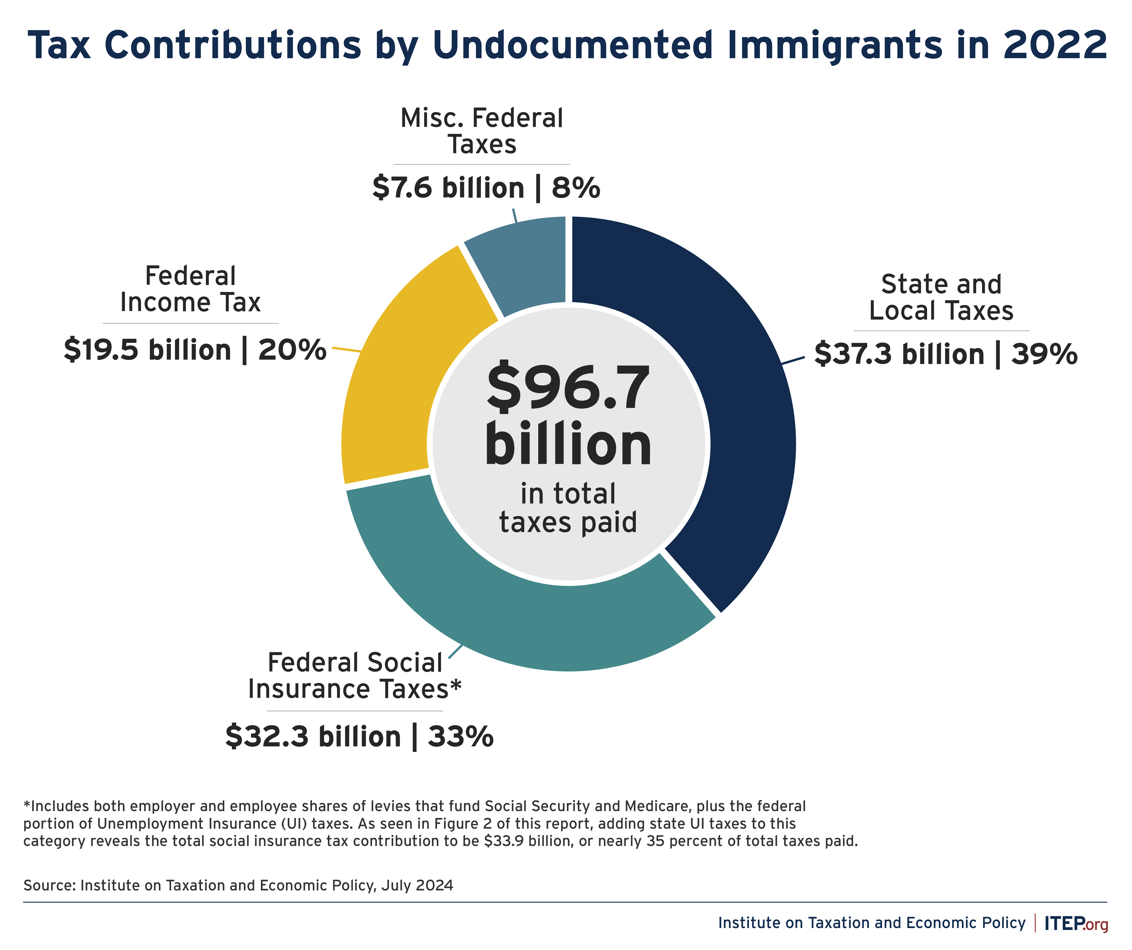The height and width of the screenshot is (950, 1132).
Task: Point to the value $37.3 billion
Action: pos(899,354)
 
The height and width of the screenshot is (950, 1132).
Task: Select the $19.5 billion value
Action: pos(147,350)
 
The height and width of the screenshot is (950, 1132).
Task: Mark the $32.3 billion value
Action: pos(313,736)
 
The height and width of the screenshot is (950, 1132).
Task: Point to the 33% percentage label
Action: pos(460,736)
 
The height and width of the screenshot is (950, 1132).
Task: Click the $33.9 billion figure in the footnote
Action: pos(528,841)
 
